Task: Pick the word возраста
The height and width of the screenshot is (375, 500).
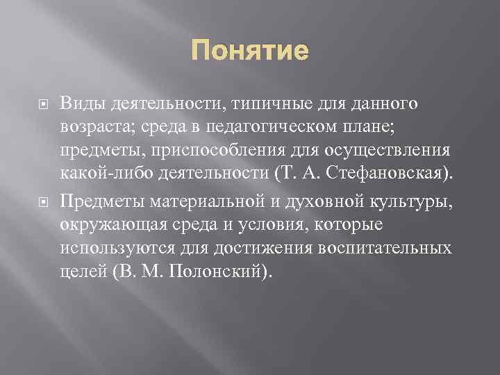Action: (92, 128)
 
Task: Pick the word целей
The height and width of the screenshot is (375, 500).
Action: (83, 272)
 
